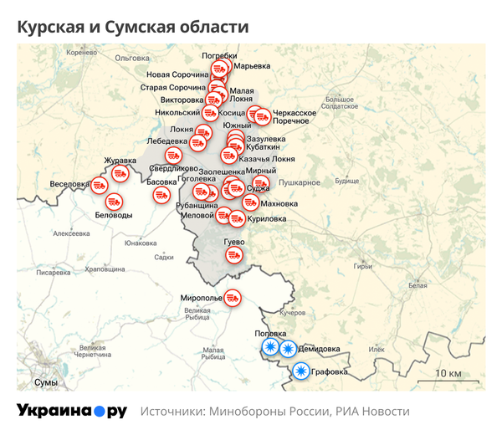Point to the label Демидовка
pos(320,348)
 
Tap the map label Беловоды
pos(115,215)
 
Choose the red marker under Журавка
pos(120,173)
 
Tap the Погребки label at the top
pos(219,56)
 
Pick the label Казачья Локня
pos(266,158)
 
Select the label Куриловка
pos(267,218)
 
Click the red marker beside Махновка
pos(250,202)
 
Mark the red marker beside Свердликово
pos(175,155)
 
